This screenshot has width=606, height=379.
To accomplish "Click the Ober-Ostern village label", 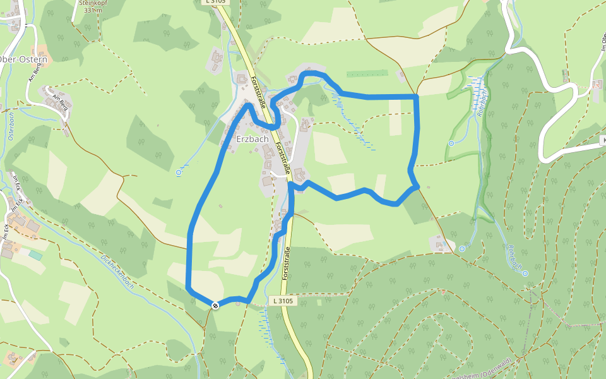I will (x=24, y=59).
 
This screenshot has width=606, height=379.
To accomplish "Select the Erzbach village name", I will (x=252, y=139).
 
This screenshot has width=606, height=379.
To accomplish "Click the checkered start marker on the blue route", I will (x=216, y=306).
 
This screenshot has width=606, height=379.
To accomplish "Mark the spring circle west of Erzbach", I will (x=179, y=172).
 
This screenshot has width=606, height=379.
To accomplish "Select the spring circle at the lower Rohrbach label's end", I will (x=525, y=274).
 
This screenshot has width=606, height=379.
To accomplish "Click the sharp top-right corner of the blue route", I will (x=417, y=96).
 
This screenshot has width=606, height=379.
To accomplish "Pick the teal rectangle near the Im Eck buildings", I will (x=35, y=255).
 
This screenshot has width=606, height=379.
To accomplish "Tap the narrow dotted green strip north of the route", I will (x=367, y=73).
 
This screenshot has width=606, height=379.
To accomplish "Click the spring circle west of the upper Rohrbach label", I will (x=451, y=143).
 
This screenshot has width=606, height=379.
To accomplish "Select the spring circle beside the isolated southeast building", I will (x=461, y=248).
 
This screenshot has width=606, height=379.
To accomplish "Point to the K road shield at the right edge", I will (x=603, y=140).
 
